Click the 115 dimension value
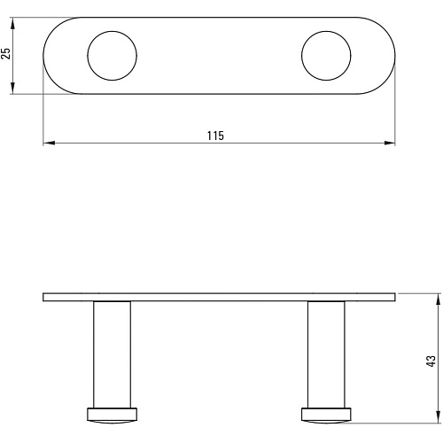coord(215,136)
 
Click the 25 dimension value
coord(6,53)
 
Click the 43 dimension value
coord(431,361)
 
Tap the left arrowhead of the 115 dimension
coord(49,143)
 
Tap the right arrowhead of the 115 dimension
coord(389,143)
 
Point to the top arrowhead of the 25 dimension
coord(12,24)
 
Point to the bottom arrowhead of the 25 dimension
coord(12,88)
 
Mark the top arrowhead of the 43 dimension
coord(439,299)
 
